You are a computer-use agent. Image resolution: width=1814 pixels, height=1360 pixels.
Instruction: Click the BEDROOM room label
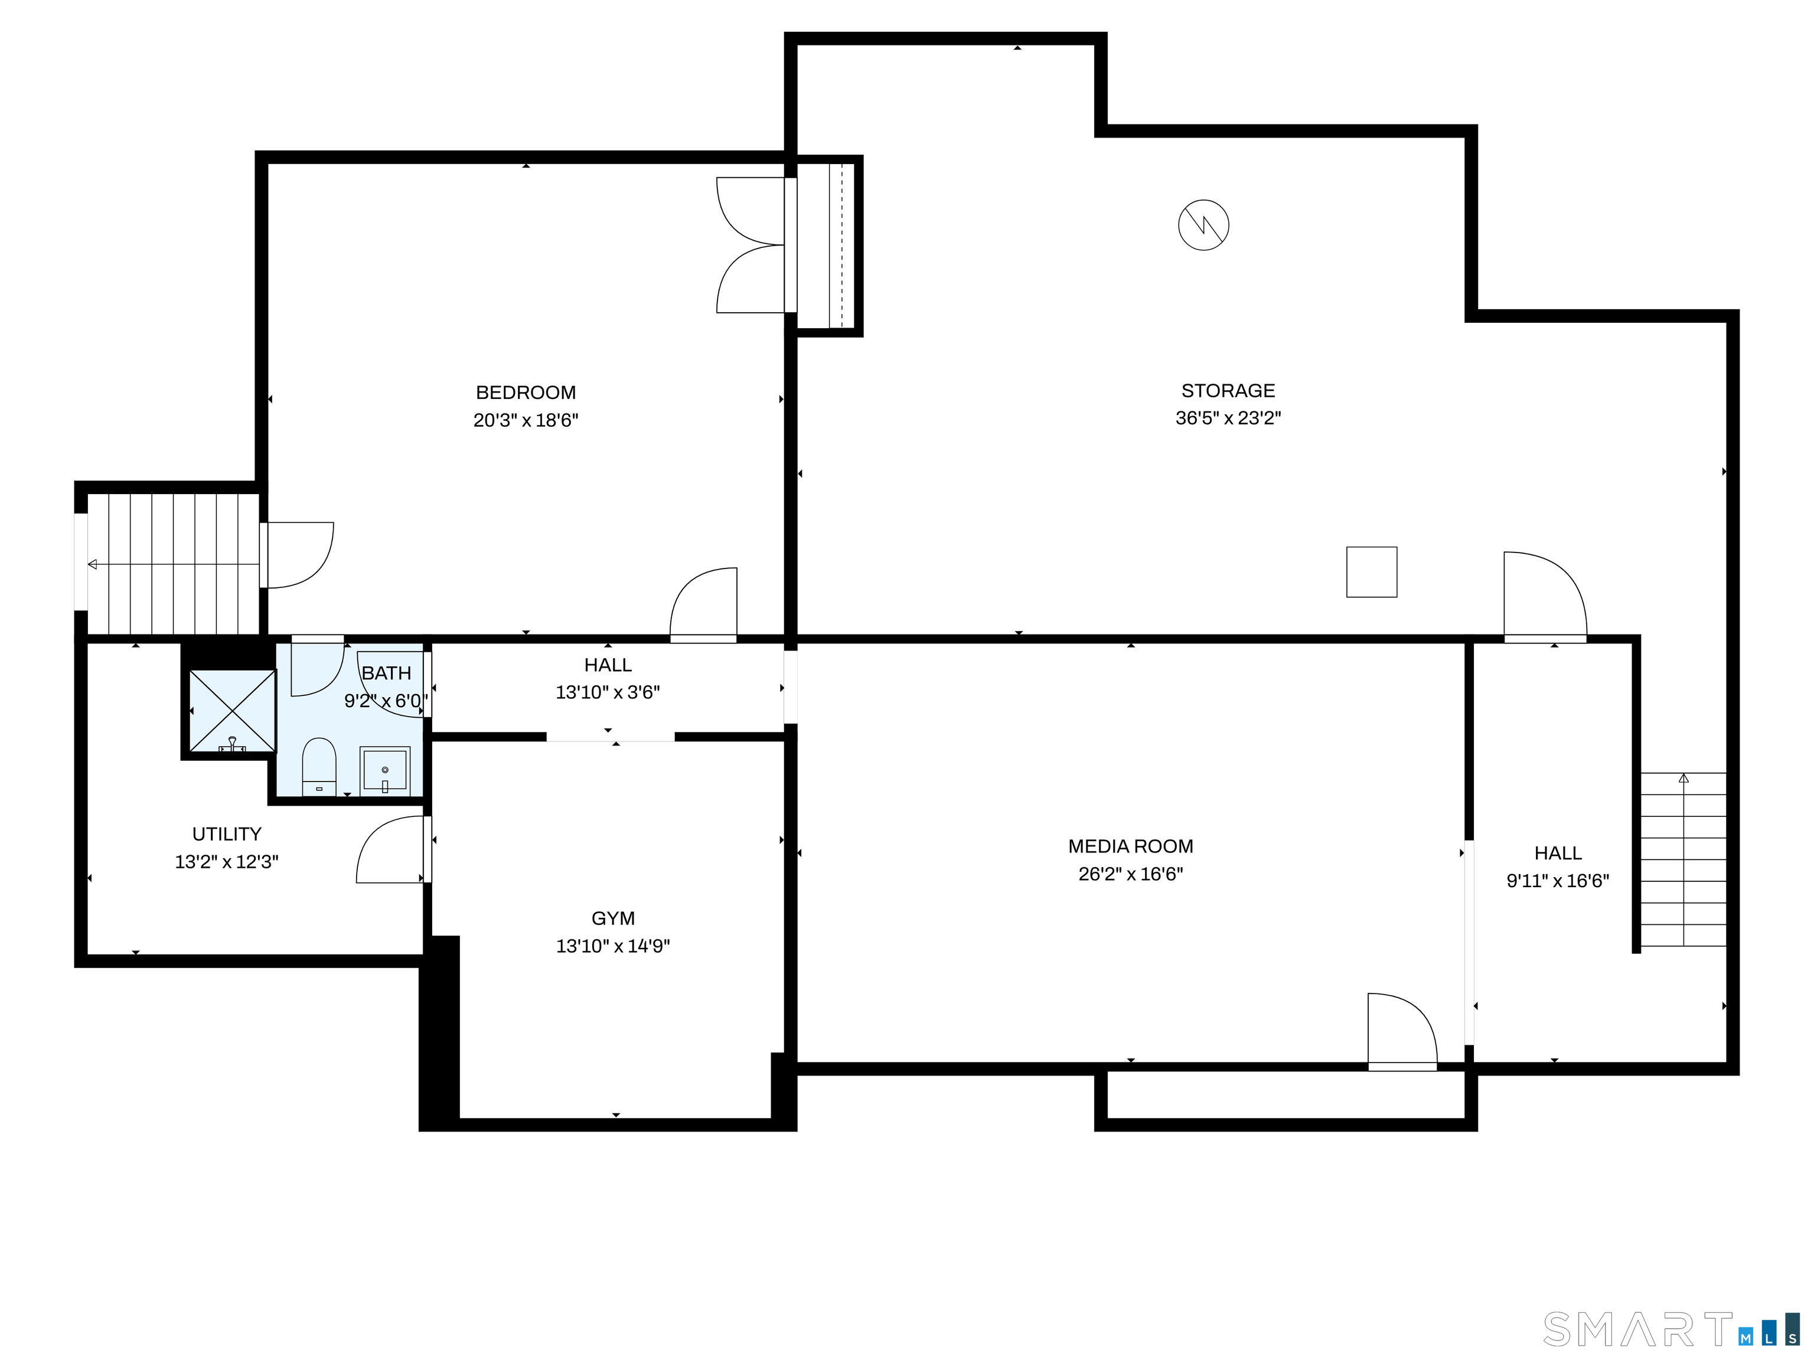(526, 393)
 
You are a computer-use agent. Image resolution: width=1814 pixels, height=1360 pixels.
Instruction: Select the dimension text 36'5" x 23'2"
(1228, 418)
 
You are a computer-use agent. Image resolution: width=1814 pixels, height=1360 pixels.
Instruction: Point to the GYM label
(612, 918)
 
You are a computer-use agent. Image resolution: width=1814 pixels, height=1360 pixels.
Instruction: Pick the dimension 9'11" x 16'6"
(1557, 881)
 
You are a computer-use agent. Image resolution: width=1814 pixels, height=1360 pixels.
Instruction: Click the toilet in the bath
(319, 767)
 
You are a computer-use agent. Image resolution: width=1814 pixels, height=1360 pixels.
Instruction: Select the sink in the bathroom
(384, 770)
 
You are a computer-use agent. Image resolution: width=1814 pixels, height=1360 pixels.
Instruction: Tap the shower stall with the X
(233, 710)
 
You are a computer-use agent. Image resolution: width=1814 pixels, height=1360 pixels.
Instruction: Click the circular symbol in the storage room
(1203, 225)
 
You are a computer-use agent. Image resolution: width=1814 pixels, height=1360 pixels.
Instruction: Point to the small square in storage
(1371, 572)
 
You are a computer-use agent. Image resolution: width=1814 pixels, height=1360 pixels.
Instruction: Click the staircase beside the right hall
(1683, 859)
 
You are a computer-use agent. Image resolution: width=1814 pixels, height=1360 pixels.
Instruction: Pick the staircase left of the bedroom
(173, 564)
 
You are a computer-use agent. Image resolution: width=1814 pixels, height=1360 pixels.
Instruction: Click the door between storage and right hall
(1544, 596)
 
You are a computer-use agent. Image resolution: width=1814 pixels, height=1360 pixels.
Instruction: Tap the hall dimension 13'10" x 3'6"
(608, 693)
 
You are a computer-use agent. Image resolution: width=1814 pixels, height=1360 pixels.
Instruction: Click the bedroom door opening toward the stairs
(299, 555)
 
